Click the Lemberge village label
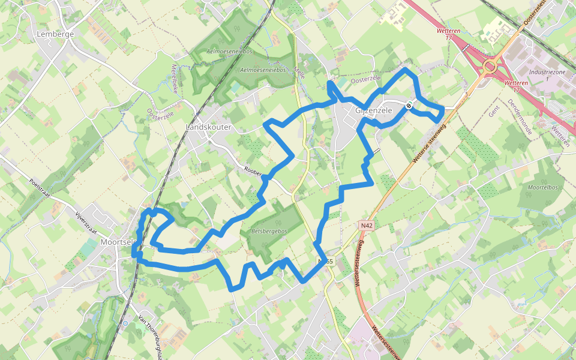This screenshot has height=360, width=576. [55, 34]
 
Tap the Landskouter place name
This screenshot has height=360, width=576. [208, 128]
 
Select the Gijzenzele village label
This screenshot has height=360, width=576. [374, 111]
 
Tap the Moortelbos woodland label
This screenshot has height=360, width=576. [539, 188]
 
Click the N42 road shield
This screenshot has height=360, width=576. [367, 225]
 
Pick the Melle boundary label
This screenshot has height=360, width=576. [299, 75]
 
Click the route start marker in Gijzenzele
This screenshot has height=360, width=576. [409, 105]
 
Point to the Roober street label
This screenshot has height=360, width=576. [254, 172]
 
